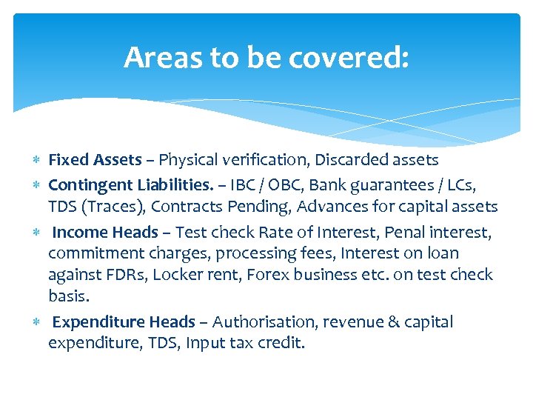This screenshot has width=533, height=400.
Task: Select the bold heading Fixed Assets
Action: pos(94,160)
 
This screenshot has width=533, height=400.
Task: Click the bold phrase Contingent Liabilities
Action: pos(130,184)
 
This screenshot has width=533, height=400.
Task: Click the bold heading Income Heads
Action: pos(105,233)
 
